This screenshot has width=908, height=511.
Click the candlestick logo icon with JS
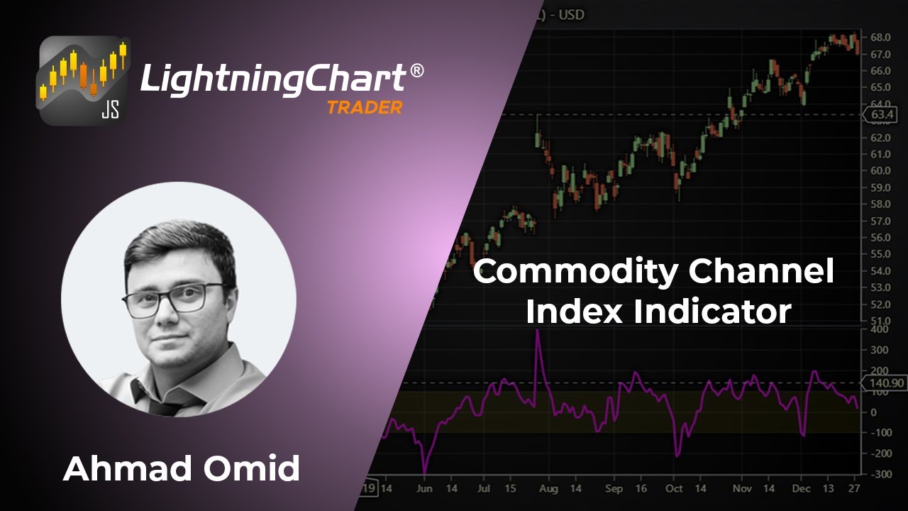(x=84, y=80)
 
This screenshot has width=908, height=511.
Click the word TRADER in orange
(x=364, y=108)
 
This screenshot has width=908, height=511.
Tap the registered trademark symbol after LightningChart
(x=417, y=71)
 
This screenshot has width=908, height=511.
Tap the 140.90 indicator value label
(x=882, y=383)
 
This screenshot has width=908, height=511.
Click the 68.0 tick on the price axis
(x=880, y=37)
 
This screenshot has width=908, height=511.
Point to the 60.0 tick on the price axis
(x=880, y=170)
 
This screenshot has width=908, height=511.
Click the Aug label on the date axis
(x=548, y=489)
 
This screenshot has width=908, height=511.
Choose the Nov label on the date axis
(x=742, y=489)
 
